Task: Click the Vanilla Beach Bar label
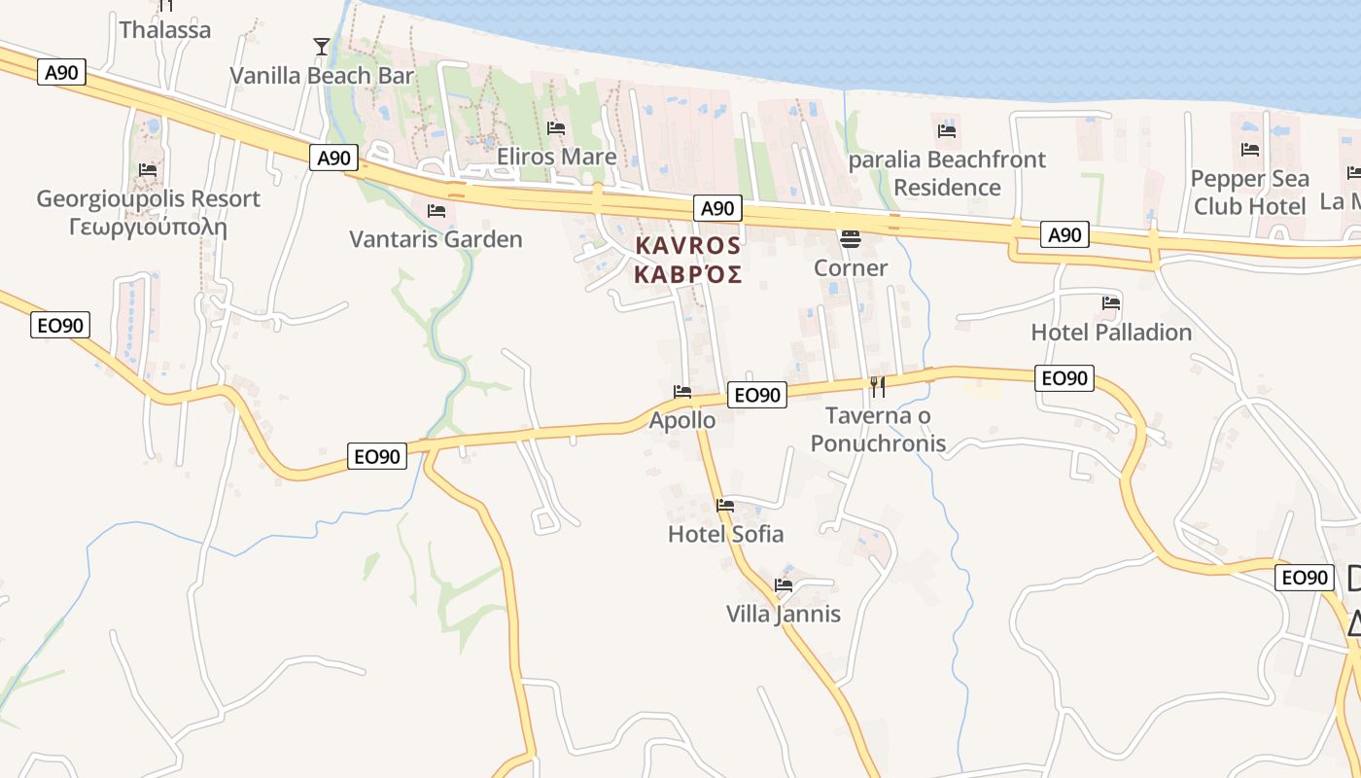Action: pyautogui.click(x=322, y=76)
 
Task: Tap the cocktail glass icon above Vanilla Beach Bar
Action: pyautogui.click(x=322, y=46)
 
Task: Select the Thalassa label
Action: pyautogui.click(x=165, y=30)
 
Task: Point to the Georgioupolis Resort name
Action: pyautogui.click(x=148, y=199)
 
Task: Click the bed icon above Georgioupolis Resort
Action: pyautogui.click(x=148, y=169)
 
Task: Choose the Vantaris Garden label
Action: pyautogui.click(x=436, y=239)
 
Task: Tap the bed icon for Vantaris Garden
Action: pyautogui.click(x=436, y=210)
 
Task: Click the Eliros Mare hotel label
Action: pyautogui.click(x=556, y=157)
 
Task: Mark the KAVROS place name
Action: pyautogui.click(x=688, y=246)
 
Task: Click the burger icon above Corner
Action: pyautogui.click(x=851, y=238)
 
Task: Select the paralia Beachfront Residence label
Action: pyautogui.click(x=947, y=173)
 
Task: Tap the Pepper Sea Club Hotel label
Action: pyautogui.click(x=1249, y=193)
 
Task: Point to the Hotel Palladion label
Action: pyautogui.click(x=1111, y=333)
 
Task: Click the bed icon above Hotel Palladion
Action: pyautogui.click(x=1111, y=302)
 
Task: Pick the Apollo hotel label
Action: pyautogui.click(x=682, y=421)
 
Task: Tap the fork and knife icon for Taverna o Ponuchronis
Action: pyautogui.click(x=878, y=386)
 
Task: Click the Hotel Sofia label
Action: pyautogui.click(x=725, y=534)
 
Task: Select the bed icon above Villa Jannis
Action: pyautogui.click(x=784, y=584)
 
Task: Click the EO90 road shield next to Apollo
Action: pyautogui.click(x=757, y=395)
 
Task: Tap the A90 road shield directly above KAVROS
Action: pyautogui.click(x=717, y=208)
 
